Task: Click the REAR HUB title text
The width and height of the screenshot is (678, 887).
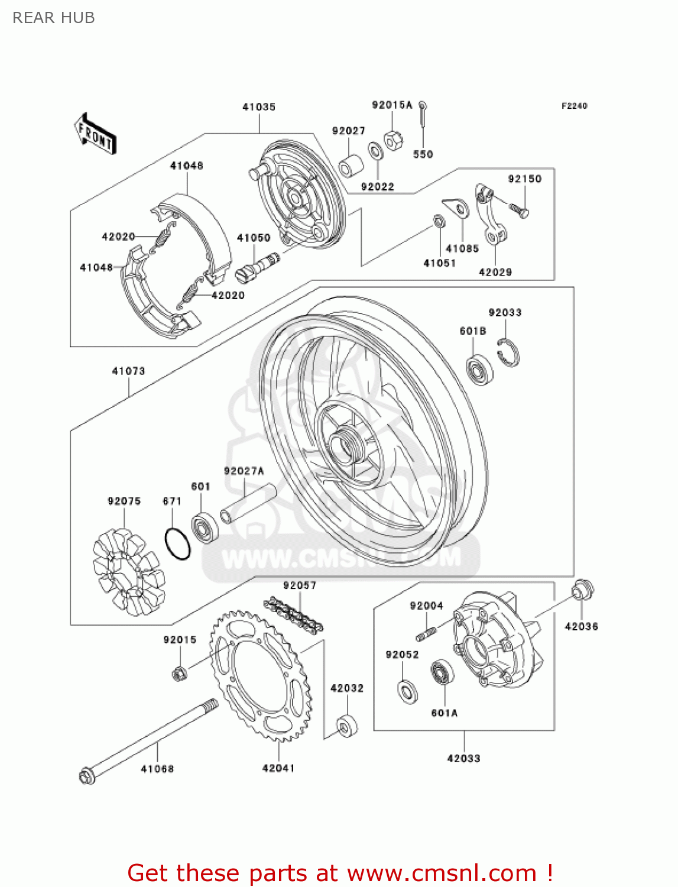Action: (53, 18)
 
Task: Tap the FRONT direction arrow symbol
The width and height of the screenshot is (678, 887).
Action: (95, 134)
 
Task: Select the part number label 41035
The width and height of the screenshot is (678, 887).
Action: (259, 107)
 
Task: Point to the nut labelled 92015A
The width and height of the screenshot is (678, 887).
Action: (393, 140)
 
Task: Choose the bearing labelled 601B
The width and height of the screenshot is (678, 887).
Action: (479, 369)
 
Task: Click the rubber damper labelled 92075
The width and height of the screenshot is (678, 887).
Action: (128, 571)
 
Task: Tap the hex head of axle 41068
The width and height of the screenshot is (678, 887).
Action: (87, 775)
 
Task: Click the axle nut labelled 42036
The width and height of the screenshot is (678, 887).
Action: (582, 590)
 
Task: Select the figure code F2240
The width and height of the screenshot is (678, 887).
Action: (574, 106)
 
